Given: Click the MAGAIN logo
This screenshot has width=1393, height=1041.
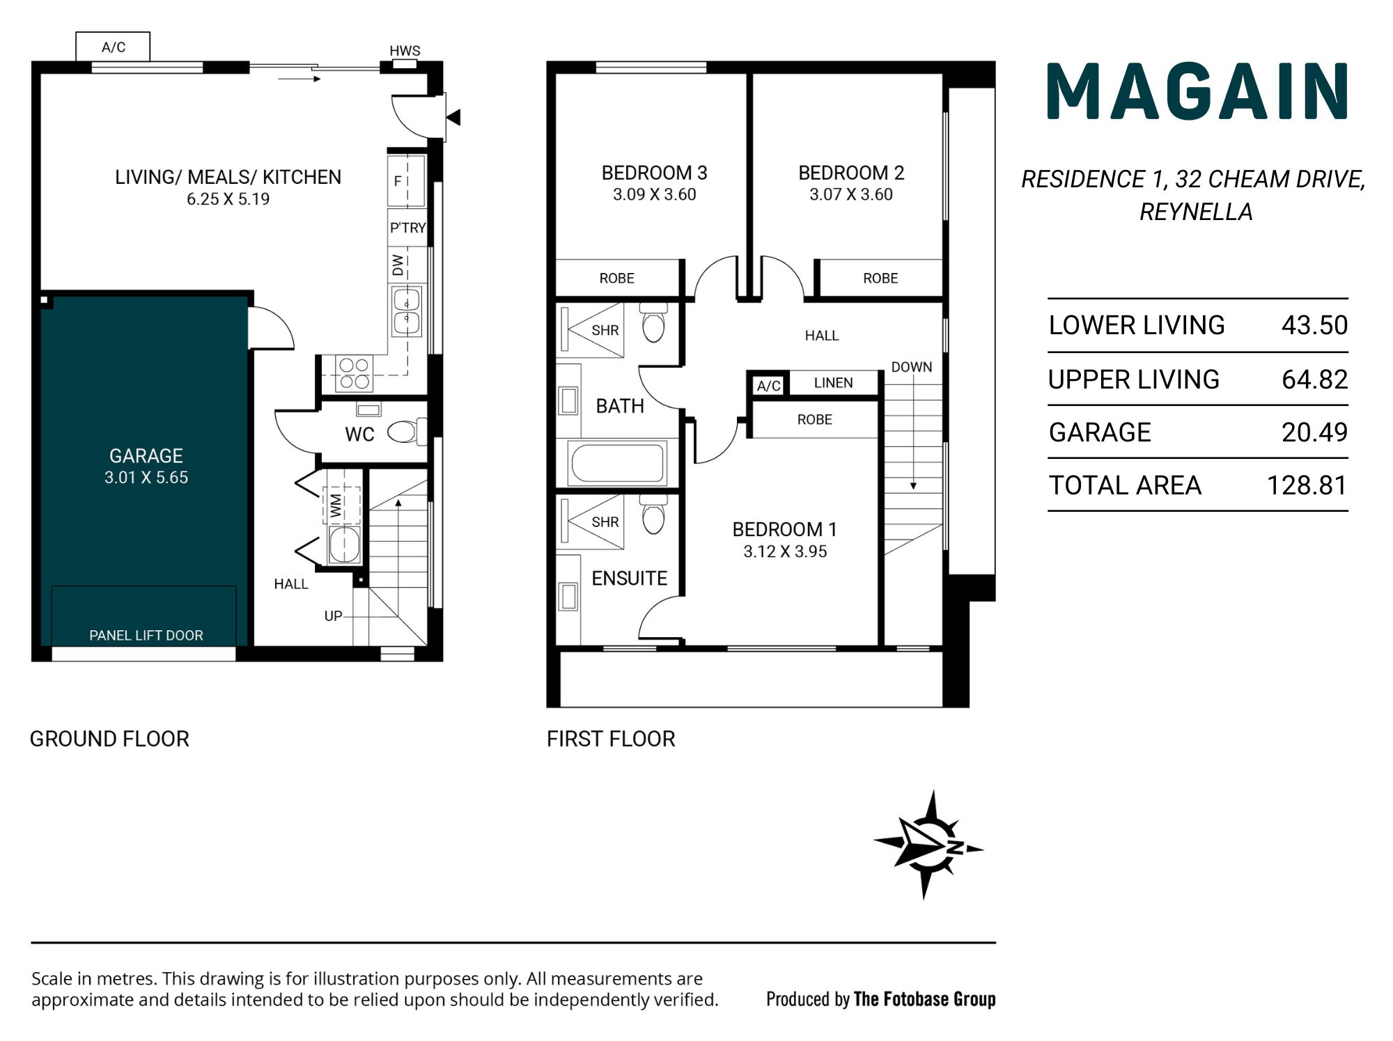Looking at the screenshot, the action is click(1197, 91).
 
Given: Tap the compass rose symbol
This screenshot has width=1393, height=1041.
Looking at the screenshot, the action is click(928, 845).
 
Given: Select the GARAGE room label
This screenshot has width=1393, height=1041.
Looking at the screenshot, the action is click(146, 455).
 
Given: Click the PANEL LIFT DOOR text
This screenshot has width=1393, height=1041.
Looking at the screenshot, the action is click(146, 635).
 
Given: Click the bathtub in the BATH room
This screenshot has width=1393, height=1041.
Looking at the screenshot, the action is click(617, 464).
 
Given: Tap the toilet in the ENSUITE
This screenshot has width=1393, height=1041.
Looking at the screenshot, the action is click(653, 514).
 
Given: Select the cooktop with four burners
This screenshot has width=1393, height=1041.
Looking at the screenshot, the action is click(354, 373).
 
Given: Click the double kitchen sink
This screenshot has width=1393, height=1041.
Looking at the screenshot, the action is click(407, 311).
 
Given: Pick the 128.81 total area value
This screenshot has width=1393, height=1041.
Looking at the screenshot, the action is click(1307, 485).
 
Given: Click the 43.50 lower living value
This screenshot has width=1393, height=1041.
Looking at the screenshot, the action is click(1314, 325).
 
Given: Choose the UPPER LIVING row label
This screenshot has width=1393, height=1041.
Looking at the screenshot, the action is click(1134, 379).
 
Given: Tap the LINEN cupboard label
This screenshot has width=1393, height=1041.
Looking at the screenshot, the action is click(833, 383).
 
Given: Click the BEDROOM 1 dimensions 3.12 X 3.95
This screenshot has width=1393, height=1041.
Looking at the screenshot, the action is click(785, 551).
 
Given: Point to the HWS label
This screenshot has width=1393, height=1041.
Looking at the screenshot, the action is click(405, 51).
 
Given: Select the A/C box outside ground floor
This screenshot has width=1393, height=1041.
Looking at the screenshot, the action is click(113, 47).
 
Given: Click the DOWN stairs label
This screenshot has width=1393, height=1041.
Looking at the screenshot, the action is click(912, 367).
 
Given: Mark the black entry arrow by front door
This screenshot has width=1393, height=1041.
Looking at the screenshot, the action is click(454, 117).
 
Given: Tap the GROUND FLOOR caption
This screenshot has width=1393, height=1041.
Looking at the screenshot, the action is click(109, 739).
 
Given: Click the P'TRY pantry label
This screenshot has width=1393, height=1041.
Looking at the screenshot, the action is click(407, 228).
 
